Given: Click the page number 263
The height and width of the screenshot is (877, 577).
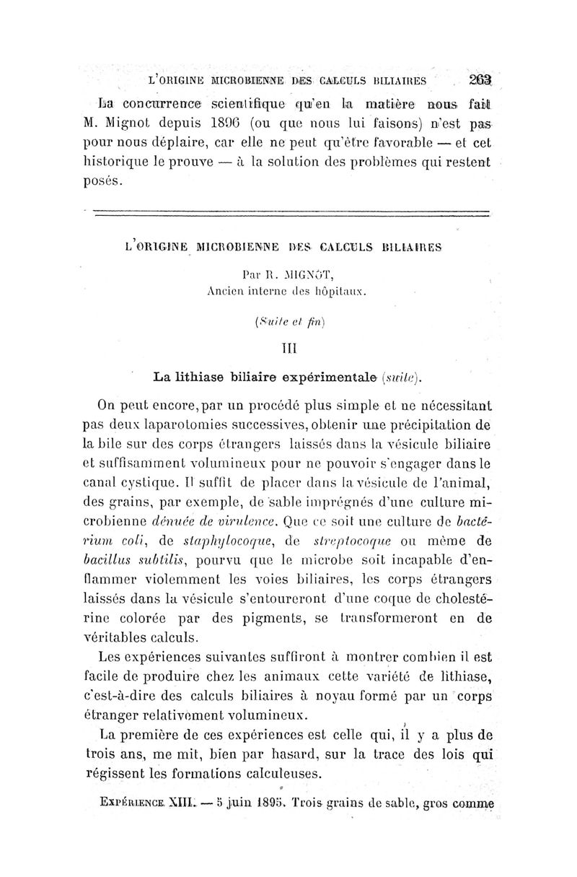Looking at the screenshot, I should click(x=478, y=80).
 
